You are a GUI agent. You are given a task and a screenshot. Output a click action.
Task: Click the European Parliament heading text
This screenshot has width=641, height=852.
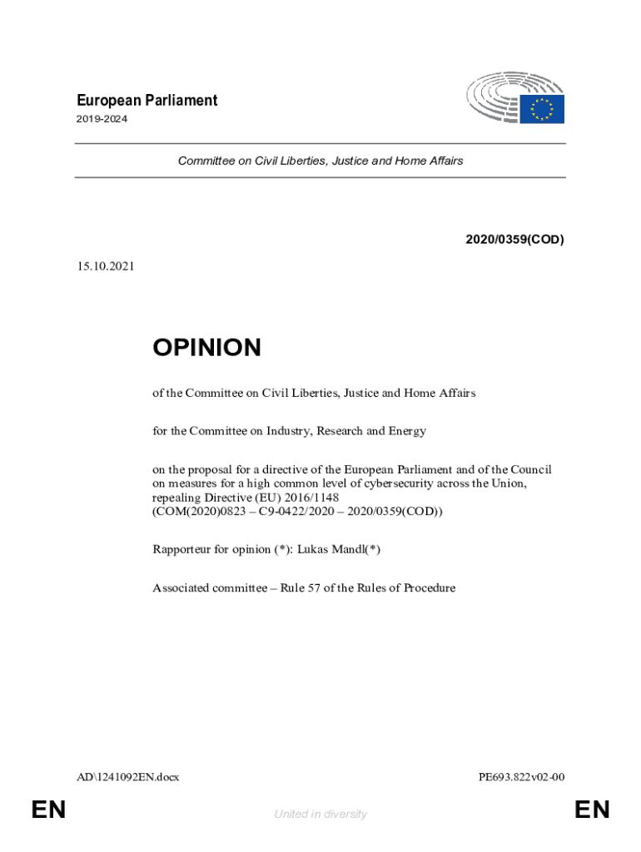(x=146, y=101)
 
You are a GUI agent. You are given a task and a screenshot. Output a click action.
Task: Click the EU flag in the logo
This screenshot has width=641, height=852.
(x=543, y=110)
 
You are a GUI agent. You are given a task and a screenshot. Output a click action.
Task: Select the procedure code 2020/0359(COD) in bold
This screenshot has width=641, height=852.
(x=514, y=240)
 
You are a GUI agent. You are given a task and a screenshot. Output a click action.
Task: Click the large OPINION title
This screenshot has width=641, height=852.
(x=206, y=348)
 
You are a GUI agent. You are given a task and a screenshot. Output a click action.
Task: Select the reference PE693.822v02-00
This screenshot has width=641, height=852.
(x=522, y=777)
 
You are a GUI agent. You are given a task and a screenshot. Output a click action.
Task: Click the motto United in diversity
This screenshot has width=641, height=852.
(x=320, y=815)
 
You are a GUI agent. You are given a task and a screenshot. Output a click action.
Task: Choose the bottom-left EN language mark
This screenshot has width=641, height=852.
(x=47, y=810)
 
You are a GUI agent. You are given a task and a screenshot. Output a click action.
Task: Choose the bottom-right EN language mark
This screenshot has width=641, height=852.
(x=592, y=810)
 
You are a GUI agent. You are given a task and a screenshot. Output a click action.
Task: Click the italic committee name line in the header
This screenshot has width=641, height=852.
(x=320, y=161)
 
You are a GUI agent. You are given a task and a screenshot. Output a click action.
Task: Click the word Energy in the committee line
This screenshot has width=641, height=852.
(x=407, y=431)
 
